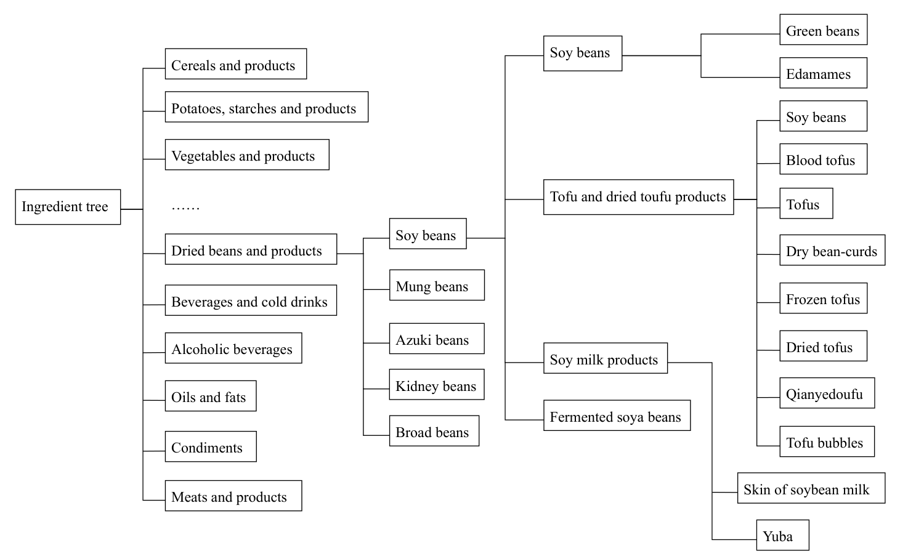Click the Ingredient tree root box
(x=68, y=207)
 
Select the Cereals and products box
(x=235, y=64)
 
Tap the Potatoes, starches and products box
(x=266, y=107)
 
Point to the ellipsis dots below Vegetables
(x=185, y=207)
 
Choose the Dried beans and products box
(x=251, y=249)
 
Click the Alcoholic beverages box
(x=233, y=348)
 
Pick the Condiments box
(x=210, y=447)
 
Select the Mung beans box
(x=436, y=285)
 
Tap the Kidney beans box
(x=436, y=385)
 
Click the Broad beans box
(x=434, y=431)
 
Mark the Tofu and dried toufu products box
(x=638, y=197)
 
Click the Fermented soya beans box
(x=616, y=416)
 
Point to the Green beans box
(x=823, y=30)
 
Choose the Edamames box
(x=823, y=73)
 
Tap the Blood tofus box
(x=823, y=159)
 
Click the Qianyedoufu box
(x=827, y=393)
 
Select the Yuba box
(x=782, y=536)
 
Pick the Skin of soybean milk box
(x=811, y=488)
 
